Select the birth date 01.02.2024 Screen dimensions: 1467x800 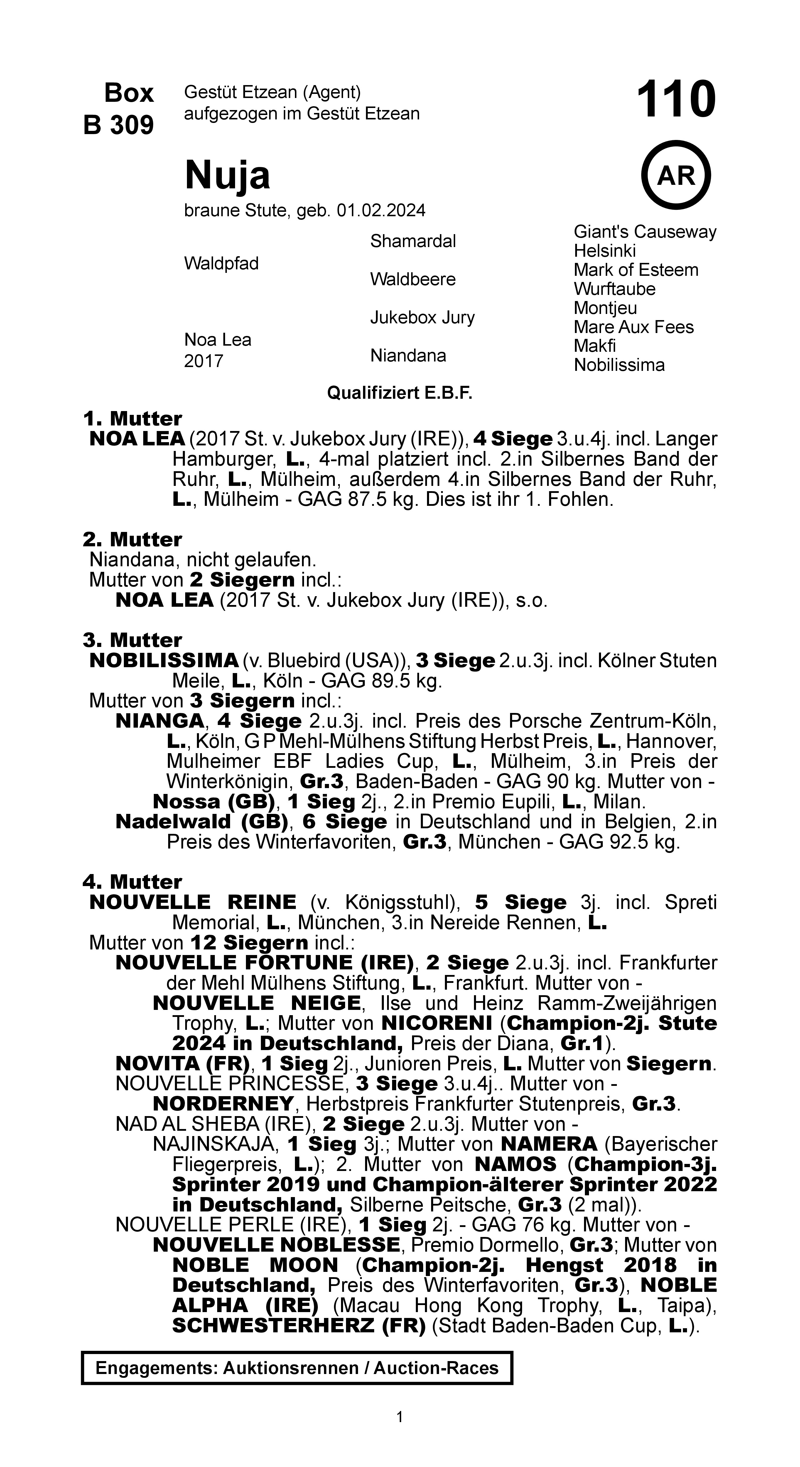click(x=381, y=211)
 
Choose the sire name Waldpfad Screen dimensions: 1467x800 click(x=221, y=264)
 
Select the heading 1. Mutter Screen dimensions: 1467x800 click(x=132, y=419)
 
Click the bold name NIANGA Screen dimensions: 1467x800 click(x=159, y=721)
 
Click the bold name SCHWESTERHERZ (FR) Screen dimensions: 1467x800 click(x=298, y=1326)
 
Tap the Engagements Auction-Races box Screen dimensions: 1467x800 click(x=297, y=1368)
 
